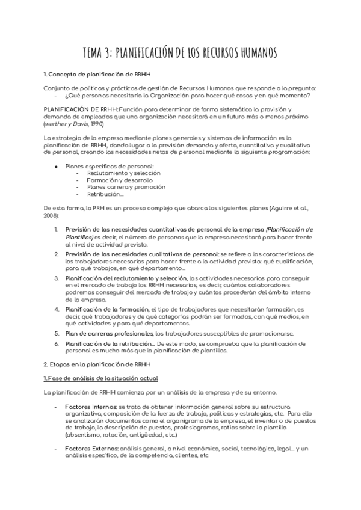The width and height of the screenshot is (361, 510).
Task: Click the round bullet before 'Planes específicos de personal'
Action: pos(56,165)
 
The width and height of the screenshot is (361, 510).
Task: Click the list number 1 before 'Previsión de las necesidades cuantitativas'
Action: pos(56,230)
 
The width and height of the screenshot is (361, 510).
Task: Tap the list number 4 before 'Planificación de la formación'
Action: pos(56,309)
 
